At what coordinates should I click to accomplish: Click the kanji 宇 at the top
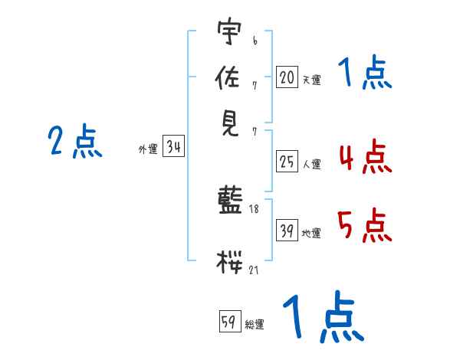pyautogui.click(x=229, y=31)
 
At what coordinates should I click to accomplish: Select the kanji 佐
pyautogui.click(x=228, y=77)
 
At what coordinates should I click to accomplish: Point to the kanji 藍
pyautogui.click(x=230, y=200)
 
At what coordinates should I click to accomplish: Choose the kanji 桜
pyautogui.click(x=229, y=262)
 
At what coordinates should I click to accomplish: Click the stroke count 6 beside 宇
pyautogui.click(x=255, y=41)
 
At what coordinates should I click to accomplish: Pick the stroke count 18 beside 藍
pyautogui.click(x=254, y=209)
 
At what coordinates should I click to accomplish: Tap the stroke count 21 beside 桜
pyautogui.click(x=254, y=270)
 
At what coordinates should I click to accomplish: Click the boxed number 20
pyautogui.click(x=287, y=77)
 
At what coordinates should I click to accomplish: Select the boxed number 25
pyautogui.click(x=287, y=162)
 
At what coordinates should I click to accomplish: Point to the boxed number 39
pyautogui.click(x=287, y=231)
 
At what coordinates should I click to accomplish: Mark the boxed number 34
pyautogui.click(x=174, y=146)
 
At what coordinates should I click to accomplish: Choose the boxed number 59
pyautogui.click(x=230, y=321)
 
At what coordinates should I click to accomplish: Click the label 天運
pyautogui.click(x=311, y=80)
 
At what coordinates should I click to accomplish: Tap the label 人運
pyautogui.click(x=311, y=164)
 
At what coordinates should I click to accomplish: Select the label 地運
pyautogui.click(x=311, y=234)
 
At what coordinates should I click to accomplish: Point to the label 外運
pyautogui.click(x=148, y=149)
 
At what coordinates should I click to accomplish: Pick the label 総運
pyautogui.click(x=255, y=325)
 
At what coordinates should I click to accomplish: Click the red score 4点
pyautogui.click(x=365, y=156)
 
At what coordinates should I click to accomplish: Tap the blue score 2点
pyautogui.click(x=75, y=141)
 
